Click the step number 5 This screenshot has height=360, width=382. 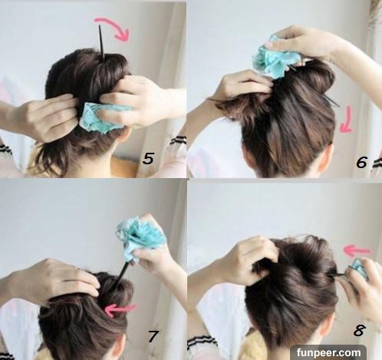pos(148,158)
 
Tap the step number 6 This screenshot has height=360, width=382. pos(362,162)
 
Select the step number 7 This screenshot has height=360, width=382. pos(153,336)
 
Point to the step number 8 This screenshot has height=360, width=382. pos(359,330)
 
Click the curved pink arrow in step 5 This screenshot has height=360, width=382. pos(116,25)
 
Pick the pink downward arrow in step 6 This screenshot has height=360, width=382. pos(347,121)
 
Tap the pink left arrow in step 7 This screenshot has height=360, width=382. pos(120,310)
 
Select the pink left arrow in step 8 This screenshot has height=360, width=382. pos(357,251)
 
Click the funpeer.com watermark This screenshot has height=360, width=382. pos(328,352)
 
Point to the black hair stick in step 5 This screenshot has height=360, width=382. pos(101,43)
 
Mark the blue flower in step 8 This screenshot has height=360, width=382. pos(359,269)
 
